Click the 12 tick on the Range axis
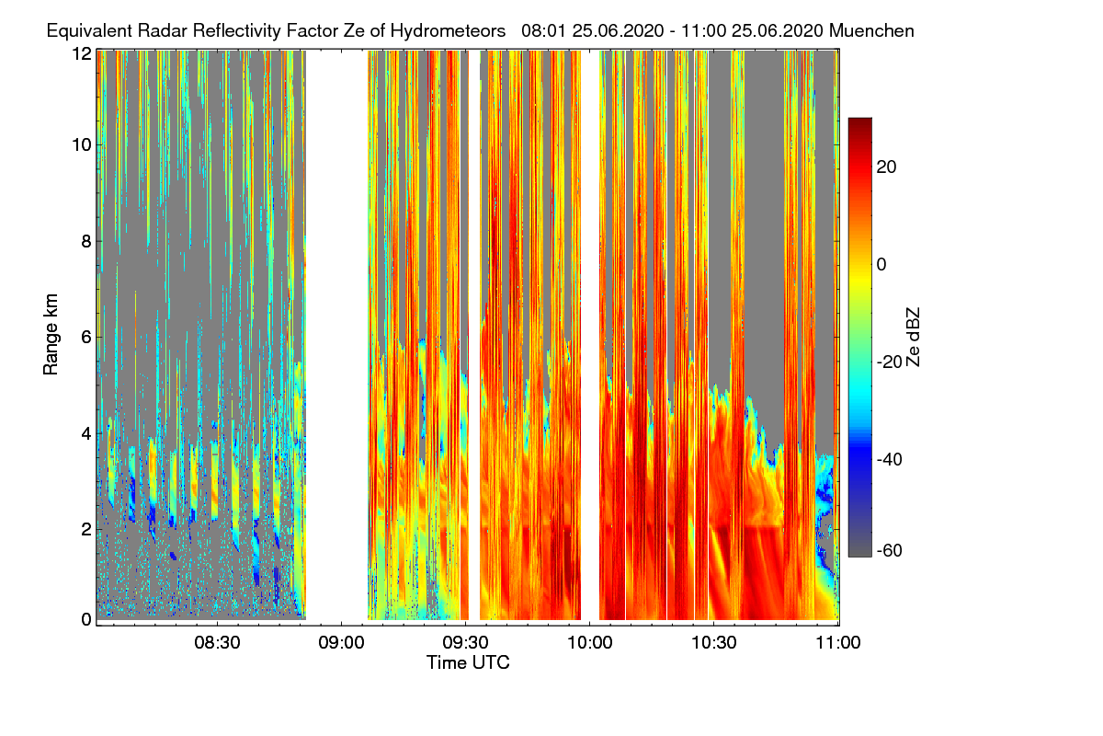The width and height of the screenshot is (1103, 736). [81, 54]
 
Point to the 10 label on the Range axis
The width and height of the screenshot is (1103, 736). [81, 144]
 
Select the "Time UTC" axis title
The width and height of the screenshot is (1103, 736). [468, 662]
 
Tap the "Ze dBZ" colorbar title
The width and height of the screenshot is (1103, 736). [913, 336]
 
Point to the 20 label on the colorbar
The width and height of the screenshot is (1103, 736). [887, 167]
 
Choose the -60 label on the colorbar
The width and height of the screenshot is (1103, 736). [890, 551]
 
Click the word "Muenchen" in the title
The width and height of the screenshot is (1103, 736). [871, 30]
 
